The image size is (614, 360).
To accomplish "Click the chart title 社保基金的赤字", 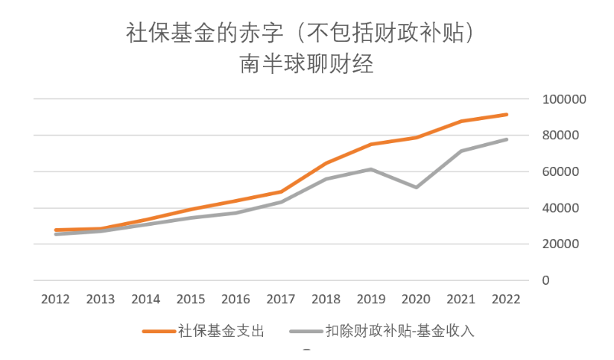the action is [204, 33].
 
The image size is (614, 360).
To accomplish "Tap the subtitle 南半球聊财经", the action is [306, 63].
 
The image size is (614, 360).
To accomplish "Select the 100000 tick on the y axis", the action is [564, 99].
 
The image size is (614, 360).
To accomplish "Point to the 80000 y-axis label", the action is [560, 135].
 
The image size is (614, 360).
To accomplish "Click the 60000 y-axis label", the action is [560, 171].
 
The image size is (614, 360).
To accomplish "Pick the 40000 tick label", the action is [560, 208].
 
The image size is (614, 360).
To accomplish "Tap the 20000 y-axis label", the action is [560, 244].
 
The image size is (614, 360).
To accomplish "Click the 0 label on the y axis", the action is [545, 280].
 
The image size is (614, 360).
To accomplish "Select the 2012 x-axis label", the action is [56, 300].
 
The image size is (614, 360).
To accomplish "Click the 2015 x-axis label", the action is [191, 300].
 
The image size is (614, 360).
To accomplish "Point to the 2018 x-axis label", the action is [326, 300].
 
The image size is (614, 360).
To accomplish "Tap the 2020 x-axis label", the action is [416, 300].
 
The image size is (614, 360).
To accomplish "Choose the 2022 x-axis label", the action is [506, 300].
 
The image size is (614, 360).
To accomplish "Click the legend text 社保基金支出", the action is [221, 331].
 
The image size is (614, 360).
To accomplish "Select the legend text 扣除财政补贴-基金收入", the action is [400, 331].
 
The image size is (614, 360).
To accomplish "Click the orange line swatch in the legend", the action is [159, 332].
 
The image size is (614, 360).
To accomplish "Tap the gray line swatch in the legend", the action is [306, 332].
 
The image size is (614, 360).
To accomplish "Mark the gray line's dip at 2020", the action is [416, 187].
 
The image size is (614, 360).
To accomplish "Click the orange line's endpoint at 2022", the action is [506, 115].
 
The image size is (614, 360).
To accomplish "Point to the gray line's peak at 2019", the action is [371, 169].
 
